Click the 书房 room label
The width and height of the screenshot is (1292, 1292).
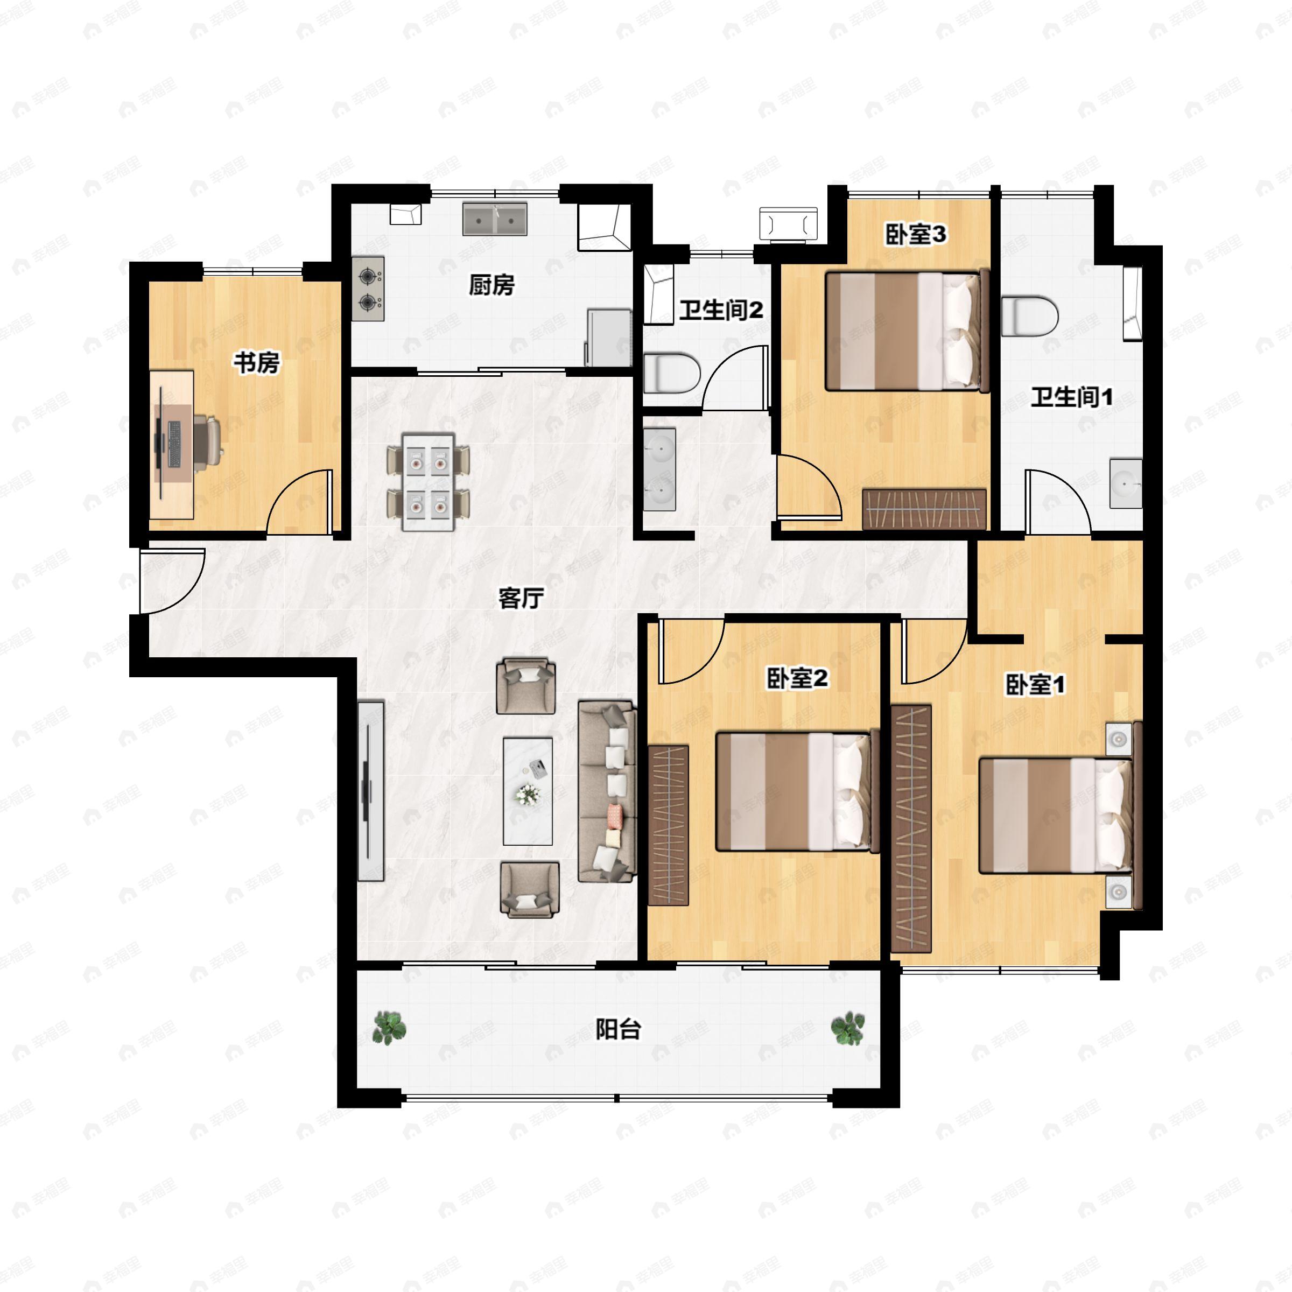click(256, 363)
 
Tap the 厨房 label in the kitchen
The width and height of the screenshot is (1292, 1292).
click(491, 285)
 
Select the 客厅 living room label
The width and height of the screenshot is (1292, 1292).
click(520, 599)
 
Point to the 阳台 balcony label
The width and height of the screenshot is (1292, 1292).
click(619, 1029)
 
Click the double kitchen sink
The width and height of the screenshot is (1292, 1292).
click(495, 219)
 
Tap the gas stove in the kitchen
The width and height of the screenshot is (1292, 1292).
click(368, 289)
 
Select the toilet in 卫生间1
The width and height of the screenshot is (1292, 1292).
click(1030, 315)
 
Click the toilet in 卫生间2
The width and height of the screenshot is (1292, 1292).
click(672, 373)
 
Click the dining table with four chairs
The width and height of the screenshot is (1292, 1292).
click(428, 481)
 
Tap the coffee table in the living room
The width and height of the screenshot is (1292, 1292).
click(528, 791)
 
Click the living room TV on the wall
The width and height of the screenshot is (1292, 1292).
click(370, 791)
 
